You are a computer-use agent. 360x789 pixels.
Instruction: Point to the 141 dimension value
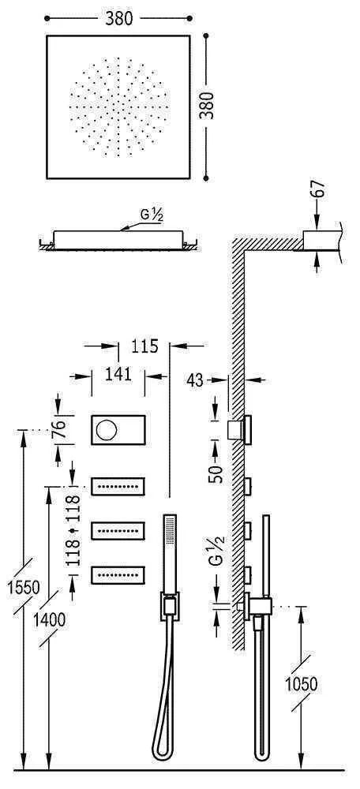[118, 374]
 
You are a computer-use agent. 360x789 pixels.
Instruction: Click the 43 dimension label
[196, 380]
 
